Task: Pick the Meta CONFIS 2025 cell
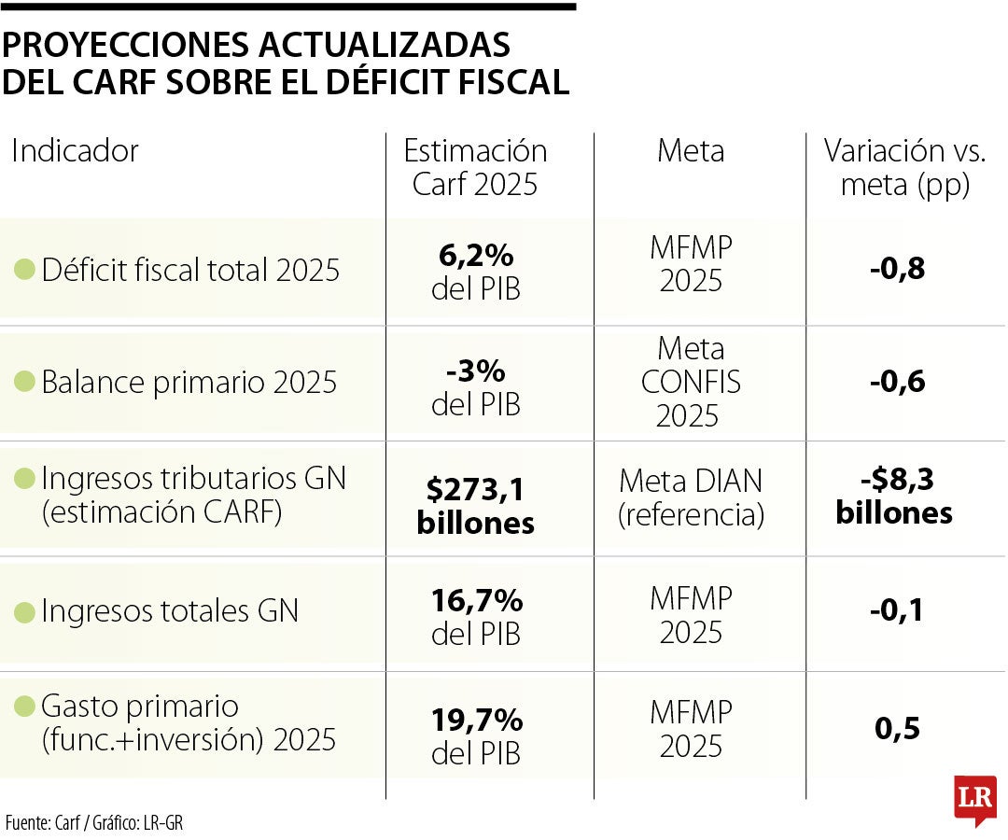[x=691, y=383]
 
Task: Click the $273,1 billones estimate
[x=475, y=504]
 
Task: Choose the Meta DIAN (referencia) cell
[x=691, y=497]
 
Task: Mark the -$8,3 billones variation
[x=894, y=496]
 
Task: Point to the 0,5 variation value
[x=898, y=729]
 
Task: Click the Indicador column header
[x=75, y=151]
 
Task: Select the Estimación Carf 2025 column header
[x=475, y=167]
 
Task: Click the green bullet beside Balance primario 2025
[x=24, y=383]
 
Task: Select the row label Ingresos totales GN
[x=170, y=611]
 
